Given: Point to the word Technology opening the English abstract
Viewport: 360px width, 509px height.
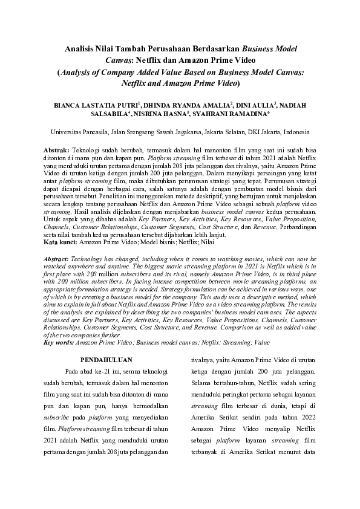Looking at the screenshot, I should pos(88,258).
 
